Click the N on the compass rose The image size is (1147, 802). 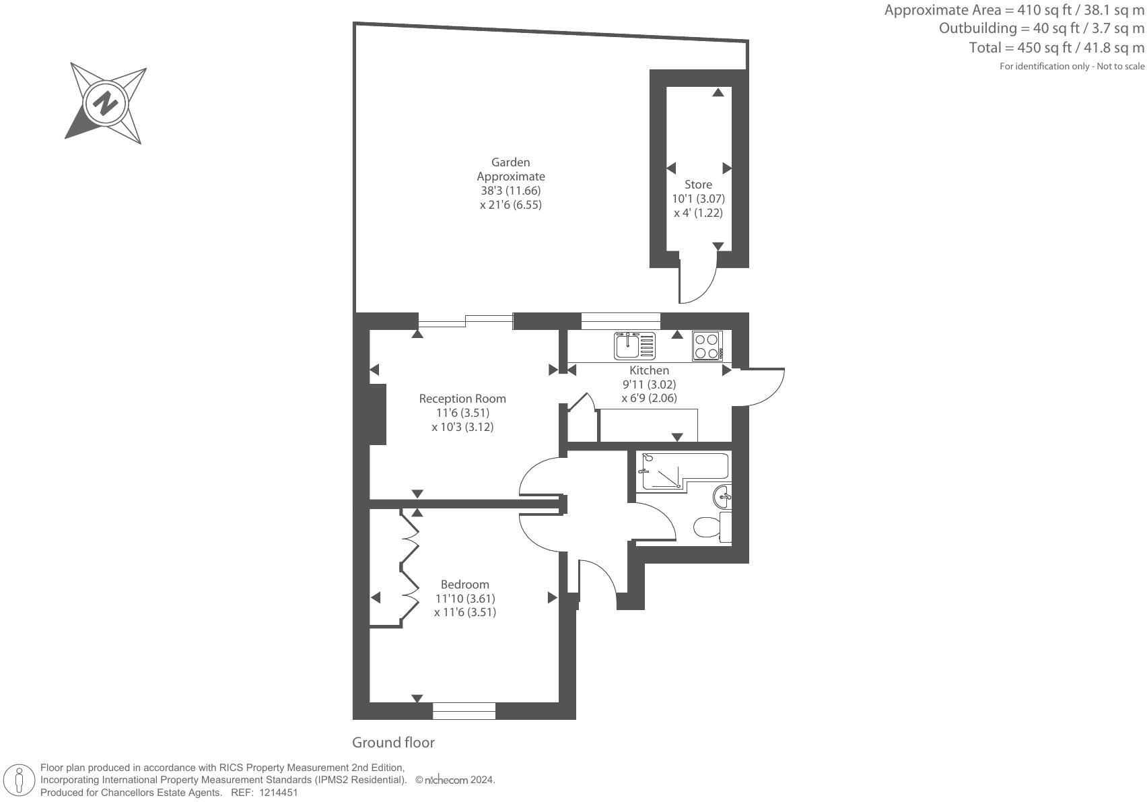pos(105,104)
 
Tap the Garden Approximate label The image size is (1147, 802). pos(511,169)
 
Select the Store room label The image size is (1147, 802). pos(698,185)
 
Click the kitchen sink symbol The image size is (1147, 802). pos(634,346)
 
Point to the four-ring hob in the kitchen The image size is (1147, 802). pos(707,346)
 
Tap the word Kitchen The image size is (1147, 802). pos(649,370)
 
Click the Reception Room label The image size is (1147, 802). pos(462,399)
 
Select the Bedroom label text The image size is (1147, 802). pos(464,584)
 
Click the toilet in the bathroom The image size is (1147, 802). pos(711,527)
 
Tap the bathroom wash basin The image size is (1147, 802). pos(723,498)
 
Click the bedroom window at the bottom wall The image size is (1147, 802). pos(464,710)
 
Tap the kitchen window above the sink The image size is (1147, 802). pos(621,321)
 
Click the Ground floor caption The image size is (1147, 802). pos(393,743)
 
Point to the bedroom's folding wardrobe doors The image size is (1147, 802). pos(409,566)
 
